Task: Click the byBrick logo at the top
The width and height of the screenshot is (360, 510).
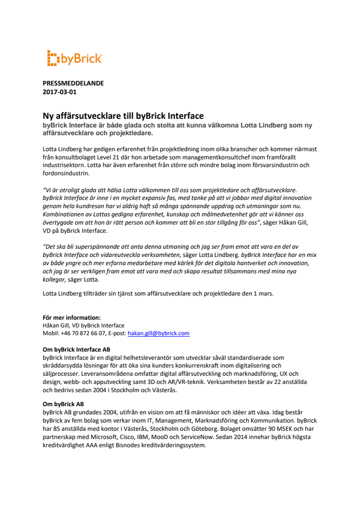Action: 74,58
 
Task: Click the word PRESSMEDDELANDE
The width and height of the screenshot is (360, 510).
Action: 73,83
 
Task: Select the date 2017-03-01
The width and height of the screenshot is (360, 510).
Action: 59,91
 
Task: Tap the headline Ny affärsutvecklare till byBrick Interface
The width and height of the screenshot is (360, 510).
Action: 123,115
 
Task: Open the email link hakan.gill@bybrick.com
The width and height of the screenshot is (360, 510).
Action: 158,333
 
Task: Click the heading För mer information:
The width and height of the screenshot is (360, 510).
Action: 71,317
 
